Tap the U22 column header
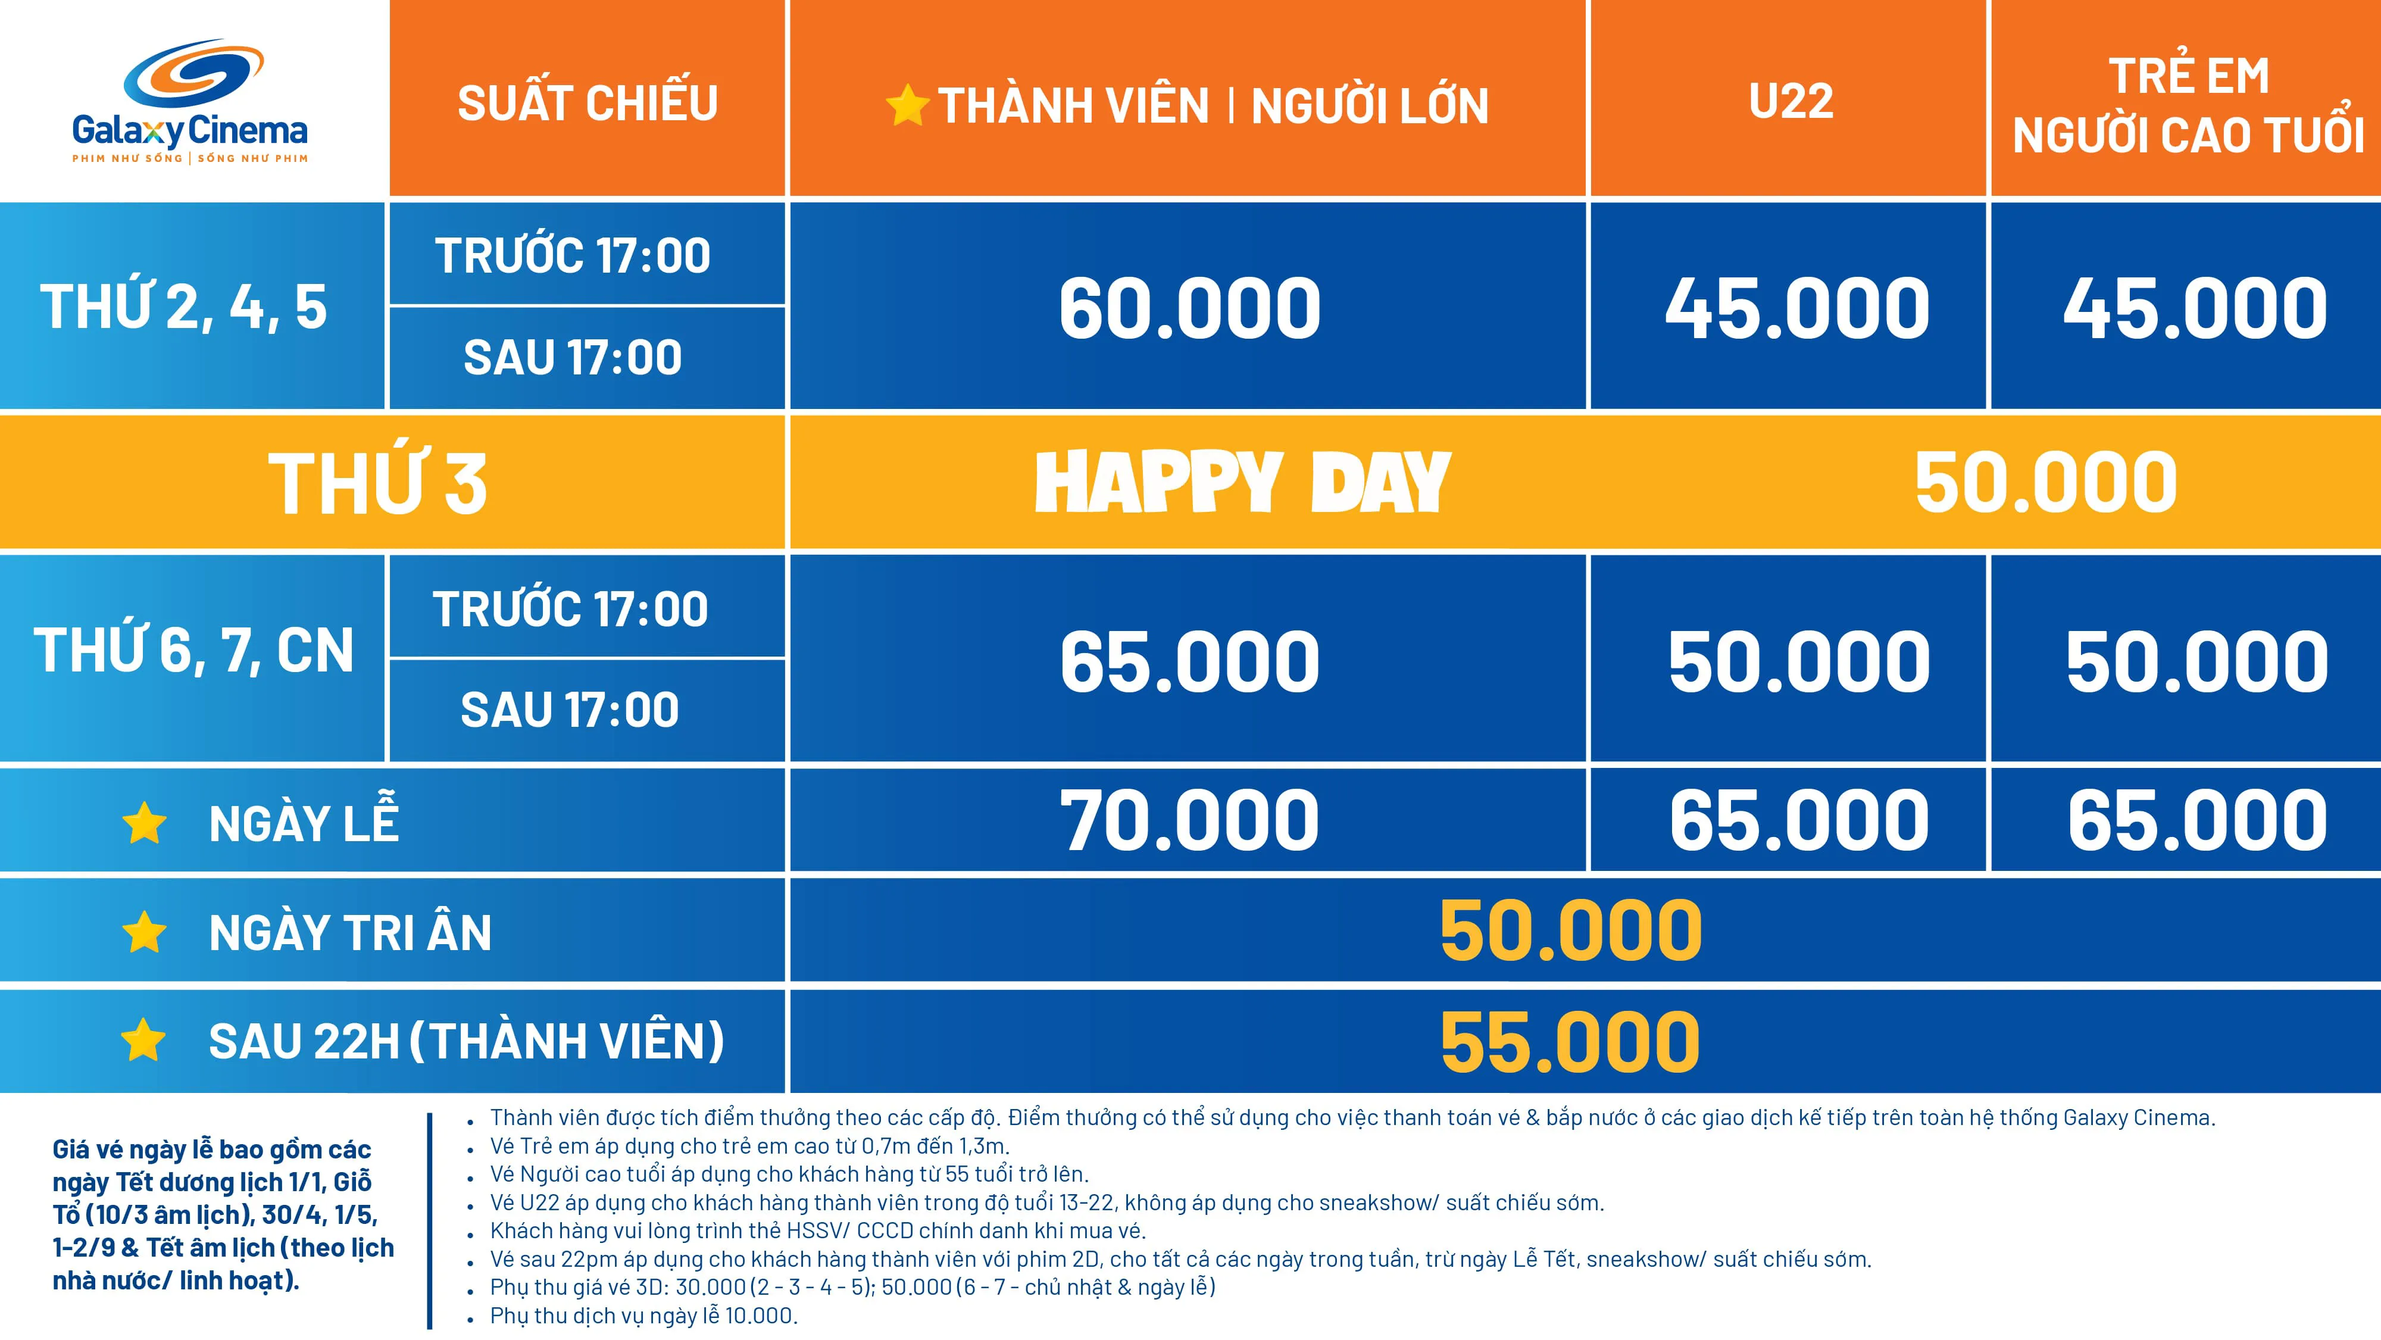(x=1791, y=101)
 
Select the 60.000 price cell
(x=1189, y=309)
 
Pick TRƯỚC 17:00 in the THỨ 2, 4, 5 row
(x=573, y=256)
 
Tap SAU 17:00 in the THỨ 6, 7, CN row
(x=570, y=710)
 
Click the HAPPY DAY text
(x=1242, y=482)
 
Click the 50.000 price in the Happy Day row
(x=2045, y=482)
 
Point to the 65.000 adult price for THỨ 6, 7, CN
(x=1189, y=662)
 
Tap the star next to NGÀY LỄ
(x=144, y=823)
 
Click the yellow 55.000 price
(x=1570, y=1042)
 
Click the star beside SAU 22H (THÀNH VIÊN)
(x=143, y=1041)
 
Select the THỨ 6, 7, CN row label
(x=194, y=649)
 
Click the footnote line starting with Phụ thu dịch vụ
(x=643, y=1315)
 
